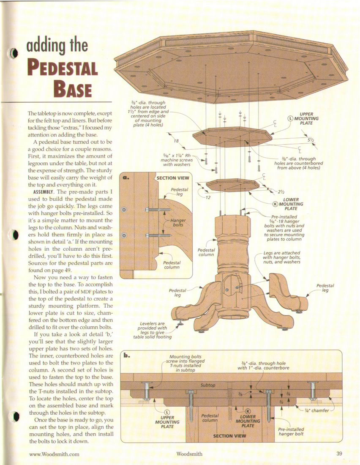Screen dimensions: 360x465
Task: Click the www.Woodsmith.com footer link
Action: tap(54, 454)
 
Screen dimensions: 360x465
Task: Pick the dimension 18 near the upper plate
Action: tap(176, 141)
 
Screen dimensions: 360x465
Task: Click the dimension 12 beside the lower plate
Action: tap(207, 197)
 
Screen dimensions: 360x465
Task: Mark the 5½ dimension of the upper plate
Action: tap(311, 139)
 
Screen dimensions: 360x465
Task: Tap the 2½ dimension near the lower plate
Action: tap(281, 191)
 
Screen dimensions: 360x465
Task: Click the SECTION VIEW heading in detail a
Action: tap(172, 178)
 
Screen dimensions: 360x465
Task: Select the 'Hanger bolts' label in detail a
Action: tap(178, 222)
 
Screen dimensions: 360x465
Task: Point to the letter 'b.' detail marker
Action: tap(127, 355)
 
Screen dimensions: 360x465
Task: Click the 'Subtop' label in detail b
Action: tap(207, 385)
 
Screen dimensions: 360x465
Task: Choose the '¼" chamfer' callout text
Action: tap(317, 410)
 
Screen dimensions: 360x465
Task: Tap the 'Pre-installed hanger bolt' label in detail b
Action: tap(291, 432)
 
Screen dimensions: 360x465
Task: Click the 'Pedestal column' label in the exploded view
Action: tap(206, 252)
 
